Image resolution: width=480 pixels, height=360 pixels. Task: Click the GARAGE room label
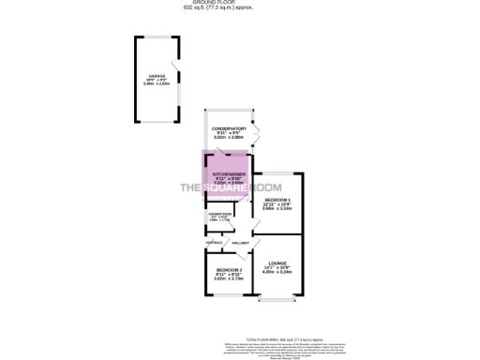tap(154, 76)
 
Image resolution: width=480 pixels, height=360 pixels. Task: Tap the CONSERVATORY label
tap(229, 128)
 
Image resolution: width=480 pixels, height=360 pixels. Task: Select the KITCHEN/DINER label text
tap(229, 174)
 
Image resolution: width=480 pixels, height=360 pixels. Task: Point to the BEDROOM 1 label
tap(277, 201)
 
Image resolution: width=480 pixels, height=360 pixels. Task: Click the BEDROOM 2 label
tap(217, 270)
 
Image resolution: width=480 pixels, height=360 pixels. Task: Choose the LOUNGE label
tap(277, 263)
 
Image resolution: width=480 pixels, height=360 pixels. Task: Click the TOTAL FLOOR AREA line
tap(281, 337)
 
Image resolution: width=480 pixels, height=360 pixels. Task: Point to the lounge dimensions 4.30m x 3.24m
tap(277, 272)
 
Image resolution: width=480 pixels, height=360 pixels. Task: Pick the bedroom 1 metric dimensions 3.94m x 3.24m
tap(277, 210)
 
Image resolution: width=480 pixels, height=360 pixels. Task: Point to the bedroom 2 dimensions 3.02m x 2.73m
tap(217, 278)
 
